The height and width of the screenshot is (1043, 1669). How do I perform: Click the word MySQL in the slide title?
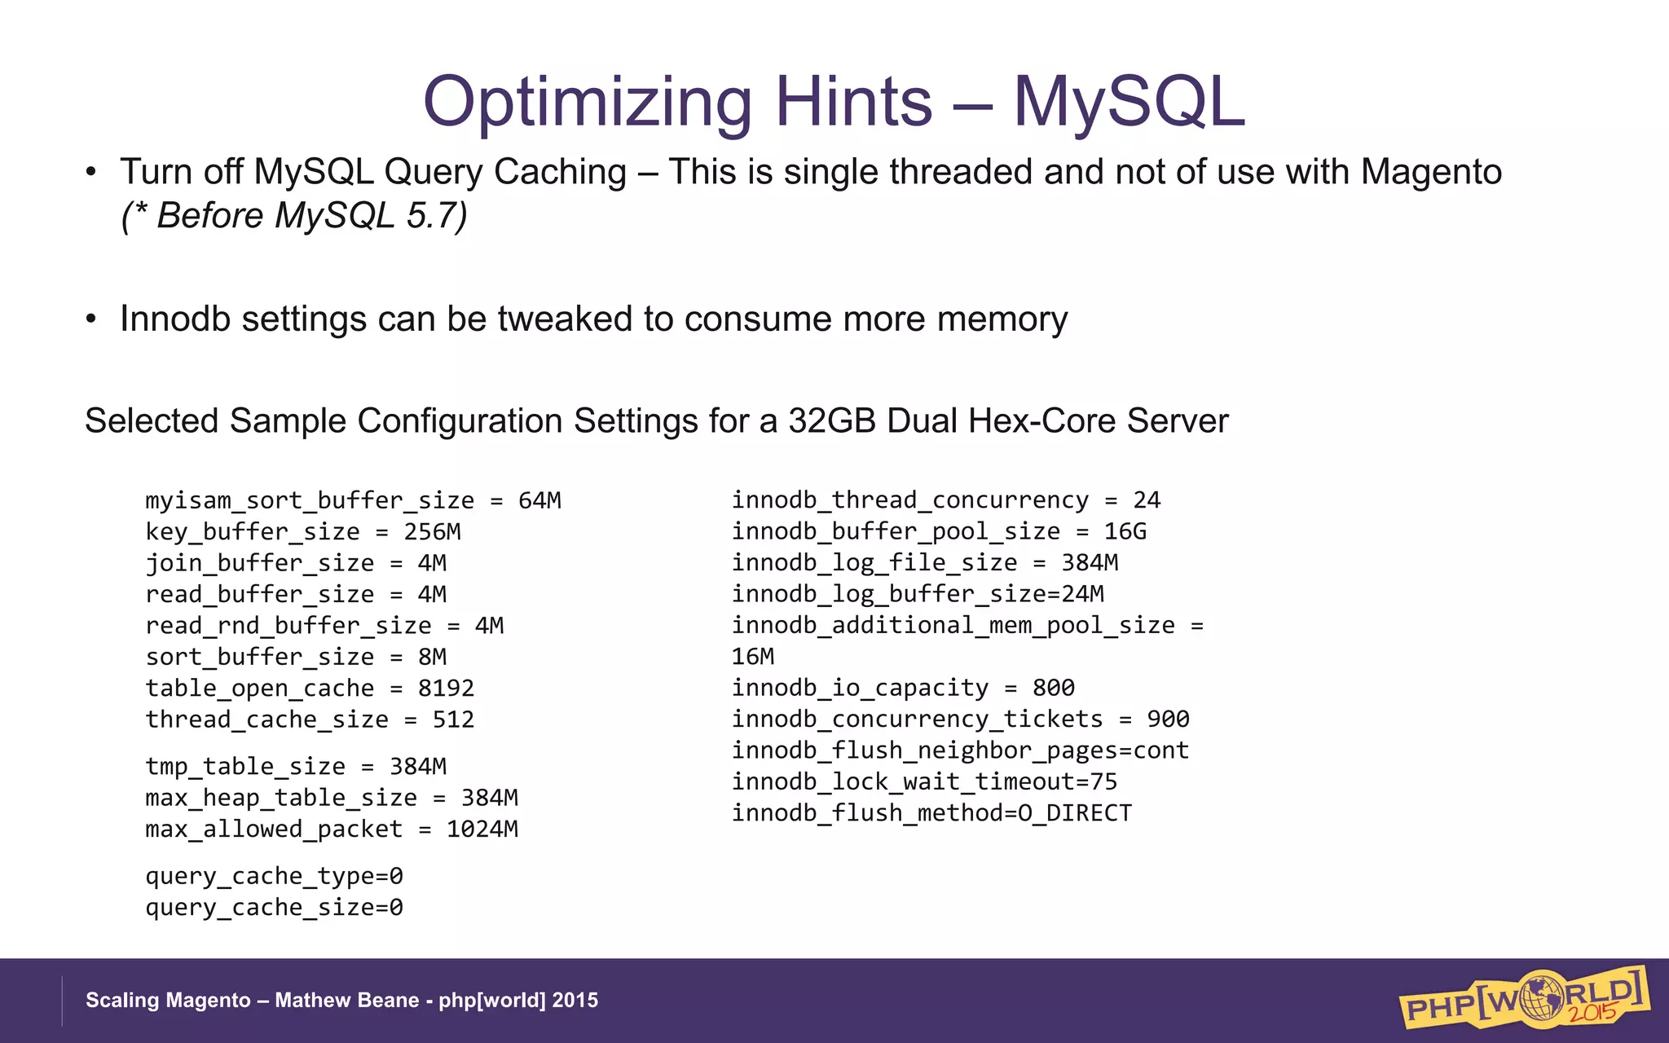pyautogui.click(x=1129, y=103)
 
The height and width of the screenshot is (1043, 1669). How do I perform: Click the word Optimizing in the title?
pyautogui.click(x=587, y=103)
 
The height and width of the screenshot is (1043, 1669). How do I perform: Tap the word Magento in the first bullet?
pyautogui.click(x=1431, y=172)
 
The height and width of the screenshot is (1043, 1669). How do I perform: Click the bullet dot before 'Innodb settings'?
pyautogui.click(x=91, y=319)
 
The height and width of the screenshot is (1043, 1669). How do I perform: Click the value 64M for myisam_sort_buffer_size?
pyautogui.click(x=539, y=500)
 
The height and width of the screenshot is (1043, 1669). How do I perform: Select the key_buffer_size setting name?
pyautogui.click(x=253, y=532)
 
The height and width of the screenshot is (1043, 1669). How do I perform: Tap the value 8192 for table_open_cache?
pyautogui.click(x=446, y=689)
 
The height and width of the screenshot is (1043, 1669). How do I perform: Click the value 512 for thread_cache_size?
pyautogui.click(x=453, y=720)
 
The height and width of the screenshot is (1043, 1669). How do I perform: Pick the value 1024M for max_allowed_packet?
pyautogui.click(x=482, y=830)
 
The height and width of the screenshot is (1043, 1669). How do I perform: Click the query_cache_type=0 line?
pyautogui.click(x=274, y=877)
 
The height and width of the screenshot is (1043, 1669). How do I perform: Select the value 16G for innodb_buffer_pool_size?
pyautogui.click(x=1125, y=531)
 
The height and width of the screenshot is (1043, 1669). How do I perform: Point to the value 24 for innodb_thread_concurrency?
pyautogui.click(x=1147, y=499)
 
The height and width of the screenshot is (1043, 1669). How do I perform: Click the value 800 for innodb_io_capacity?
pyautogui.click(x=1053, y=688)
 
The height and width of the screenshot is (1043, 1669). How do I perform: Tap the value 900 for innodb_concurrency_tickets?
pyautogui.click(x=1168, y=719)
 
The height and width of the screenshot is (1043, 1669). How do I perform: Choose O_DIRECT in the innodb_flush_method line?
pyautogui.click(x=1075, y=813)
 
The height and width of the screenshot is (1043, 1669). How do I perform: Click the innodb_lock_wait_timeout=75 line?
pyautogui.click(x=924, y=782)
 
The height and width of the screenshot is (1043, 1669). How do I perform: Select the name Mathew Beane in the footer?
pyautogui.click(x=346, y=1001)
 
